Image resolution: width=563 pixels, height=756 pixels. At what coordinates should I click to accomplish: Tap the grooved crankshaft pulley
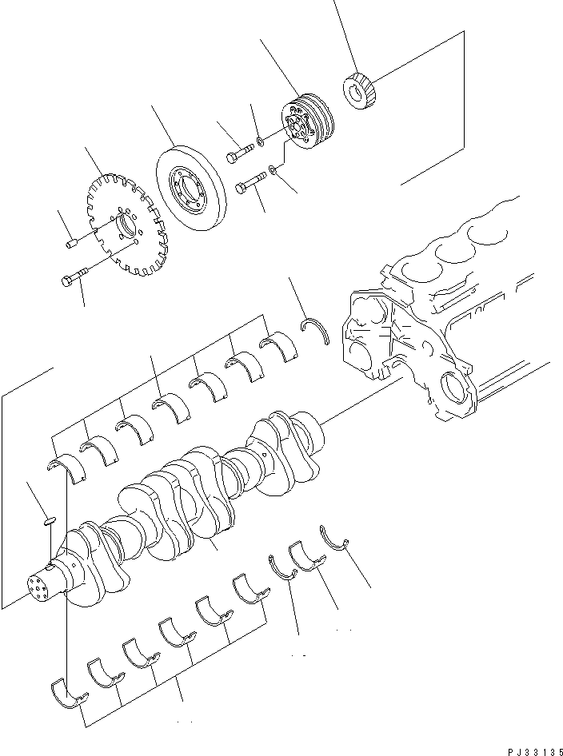pos(309,123)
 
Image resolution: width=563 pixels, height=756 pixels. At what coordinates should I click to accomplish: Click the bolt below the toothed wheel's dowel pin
pos(72,280)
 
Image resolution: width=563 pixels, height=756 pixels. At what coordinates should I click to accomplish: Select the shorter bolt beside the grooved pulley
pos(236,153)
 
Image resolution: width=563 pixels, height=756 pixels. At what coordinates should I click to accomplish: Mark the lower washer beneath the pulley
pos(274,169)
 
